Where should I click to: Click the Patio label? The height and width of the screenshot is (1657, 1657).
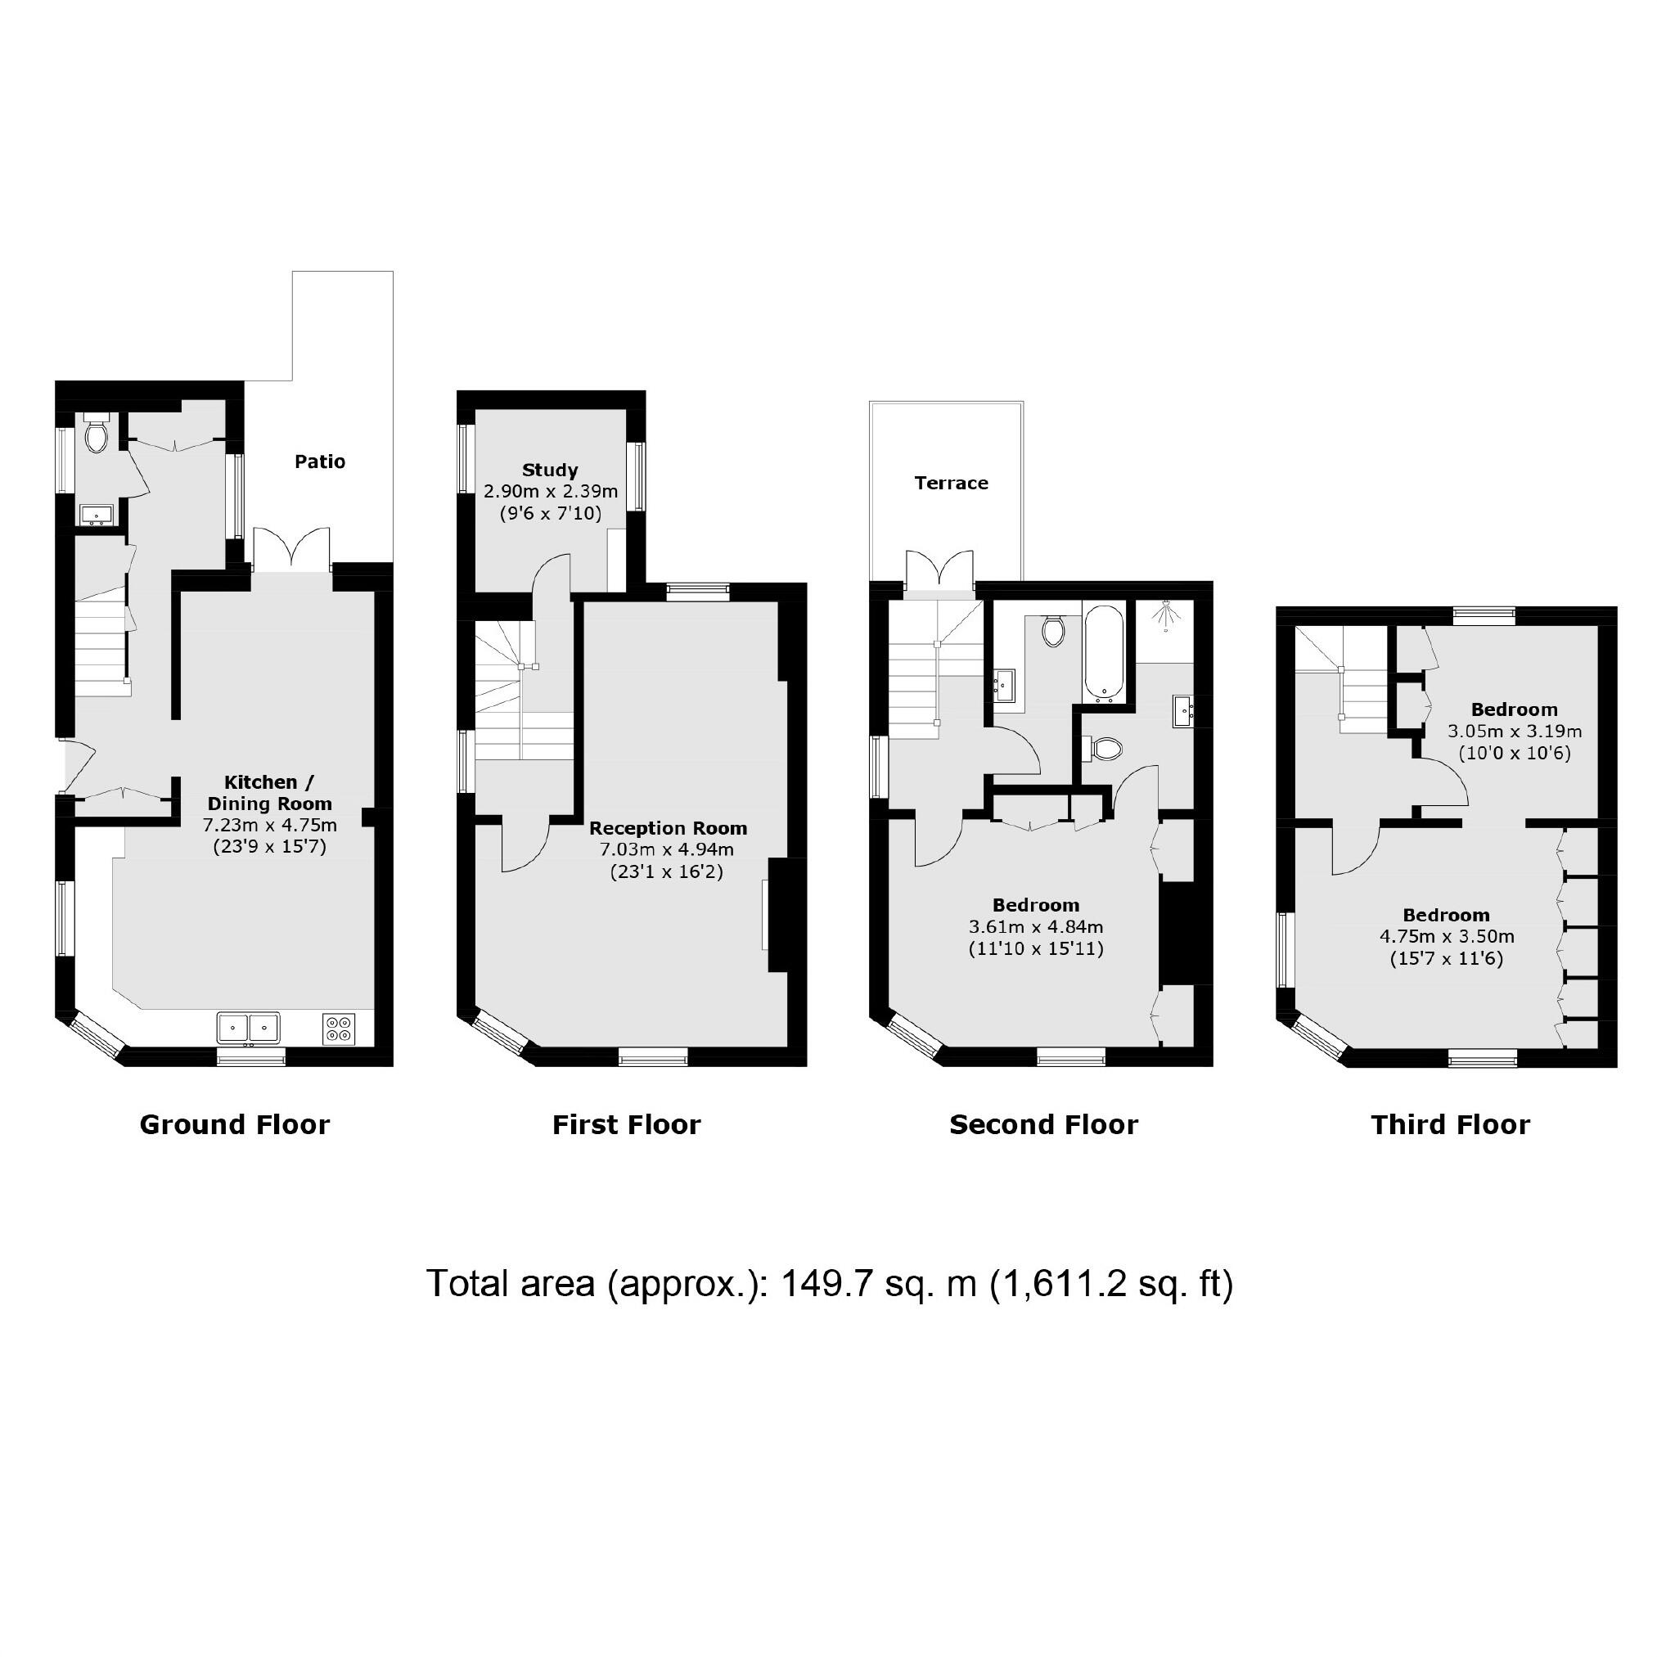320,462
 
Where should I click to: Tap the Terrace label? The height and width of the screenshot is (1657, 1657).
950,483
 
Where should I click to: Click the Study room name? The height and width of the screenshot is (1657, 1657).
550,470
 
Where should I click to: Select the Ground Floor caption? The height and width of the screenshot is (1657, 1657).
234,1124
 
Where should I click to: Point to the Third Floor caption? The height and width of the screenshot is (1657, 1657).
1449,1124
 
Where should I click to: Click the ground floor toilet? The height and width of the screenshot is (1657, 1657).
96,435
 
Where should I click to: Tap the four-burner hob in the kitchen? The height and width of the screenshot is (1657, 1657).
340,1029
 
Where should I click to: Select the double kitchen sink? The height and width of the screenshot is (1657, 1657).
249,1027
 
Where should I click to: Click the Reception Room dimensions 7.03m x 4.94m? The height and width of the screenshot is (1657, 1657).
667,850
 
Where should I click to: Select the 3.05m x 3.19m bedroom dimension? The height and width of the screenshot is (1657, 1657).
1515,732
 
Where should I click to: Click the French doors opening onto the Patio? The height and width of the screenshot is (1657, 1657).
292,551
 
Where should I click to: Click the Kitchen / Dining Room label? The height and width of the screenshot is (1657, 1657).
269,792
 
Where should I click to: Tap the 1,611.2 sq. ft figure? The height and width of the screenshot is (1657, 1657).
1111,1284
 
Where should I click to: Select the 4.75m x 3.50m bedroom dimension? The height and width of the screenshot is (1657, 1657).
1446,937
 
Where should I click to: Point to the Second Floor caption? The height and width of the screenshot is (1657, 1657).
1043,1124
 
